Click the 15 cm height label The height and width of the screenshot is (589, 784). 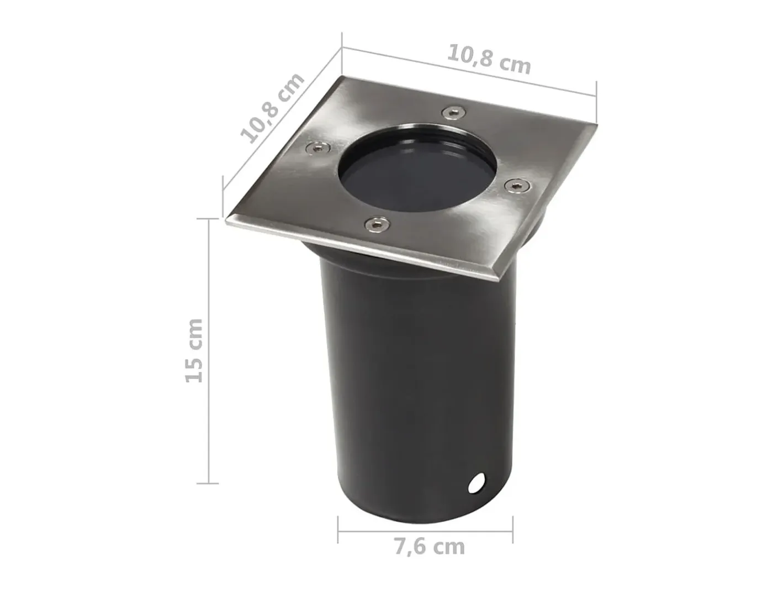(195, 351)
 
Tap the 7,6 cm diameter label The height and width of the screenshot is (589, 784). (430, 546)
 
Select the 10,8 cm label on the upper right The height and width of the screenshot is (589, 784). (489, 59)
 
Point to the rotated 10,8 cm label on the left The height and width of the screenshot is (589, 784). (272, 108)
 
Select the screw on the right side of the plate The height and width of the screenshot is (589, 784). (517, 186)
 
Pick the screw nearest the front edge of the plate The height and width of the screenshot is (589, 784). (377, 224)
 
